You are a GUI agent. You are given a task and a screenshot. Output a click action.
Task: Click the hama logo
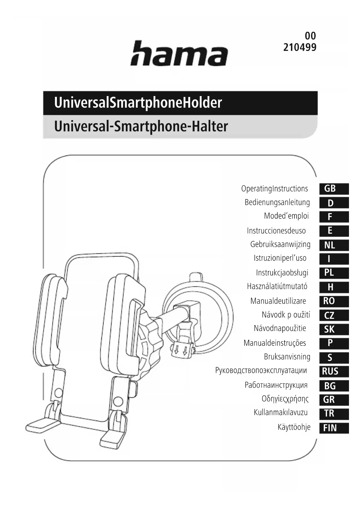tap(179, 53)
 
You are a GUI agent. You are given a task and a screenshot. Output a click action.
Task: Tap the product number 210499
tap(300, 47)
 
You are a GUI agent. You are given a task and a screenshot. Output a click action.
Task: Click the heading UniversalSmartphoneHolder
tap(138, 103)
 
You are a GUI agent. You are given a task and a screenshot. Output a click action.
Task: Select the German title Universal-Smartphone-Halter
tap(141, 127)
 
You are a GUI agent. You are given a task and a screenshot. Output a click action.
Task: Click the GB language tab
tap(334, 189)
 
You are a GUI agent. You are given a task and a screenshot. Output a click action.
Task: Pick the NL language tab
tap(334, 245)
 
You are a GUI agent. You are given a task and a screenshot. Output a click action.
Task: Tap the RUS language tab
tap(334, 371)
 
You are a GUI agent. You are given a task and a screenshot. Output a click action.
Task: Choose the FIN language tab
tap(334, 428)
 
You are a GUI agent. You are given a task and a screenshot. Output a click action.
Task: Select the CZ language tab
tap(334, 315)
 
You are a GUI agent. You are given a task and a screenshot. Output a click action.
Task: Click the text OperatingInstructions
tap(274, 189)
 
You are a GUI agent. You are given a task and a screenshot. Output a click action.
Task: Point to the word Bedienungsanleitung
tap(277, 202)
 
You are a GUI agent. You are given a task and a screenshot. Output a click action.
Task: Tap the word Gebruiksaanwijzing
tap(280, 244)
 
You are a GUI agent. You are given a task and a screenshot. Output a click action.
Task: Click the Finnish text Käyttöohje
tap(294, 427)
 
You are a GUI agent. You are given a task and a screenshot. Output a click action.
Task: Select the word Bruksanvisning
tap(287, 357)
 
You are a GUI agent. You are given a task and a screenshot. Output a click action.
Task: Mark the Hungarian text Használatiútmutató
tap(277, 286)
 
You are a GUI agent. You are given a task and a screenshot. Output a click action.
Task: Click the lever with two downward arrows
tap(182, 349)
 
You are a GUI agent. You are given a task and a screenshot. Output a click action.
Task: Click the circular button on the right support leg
tap(118, 402)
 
